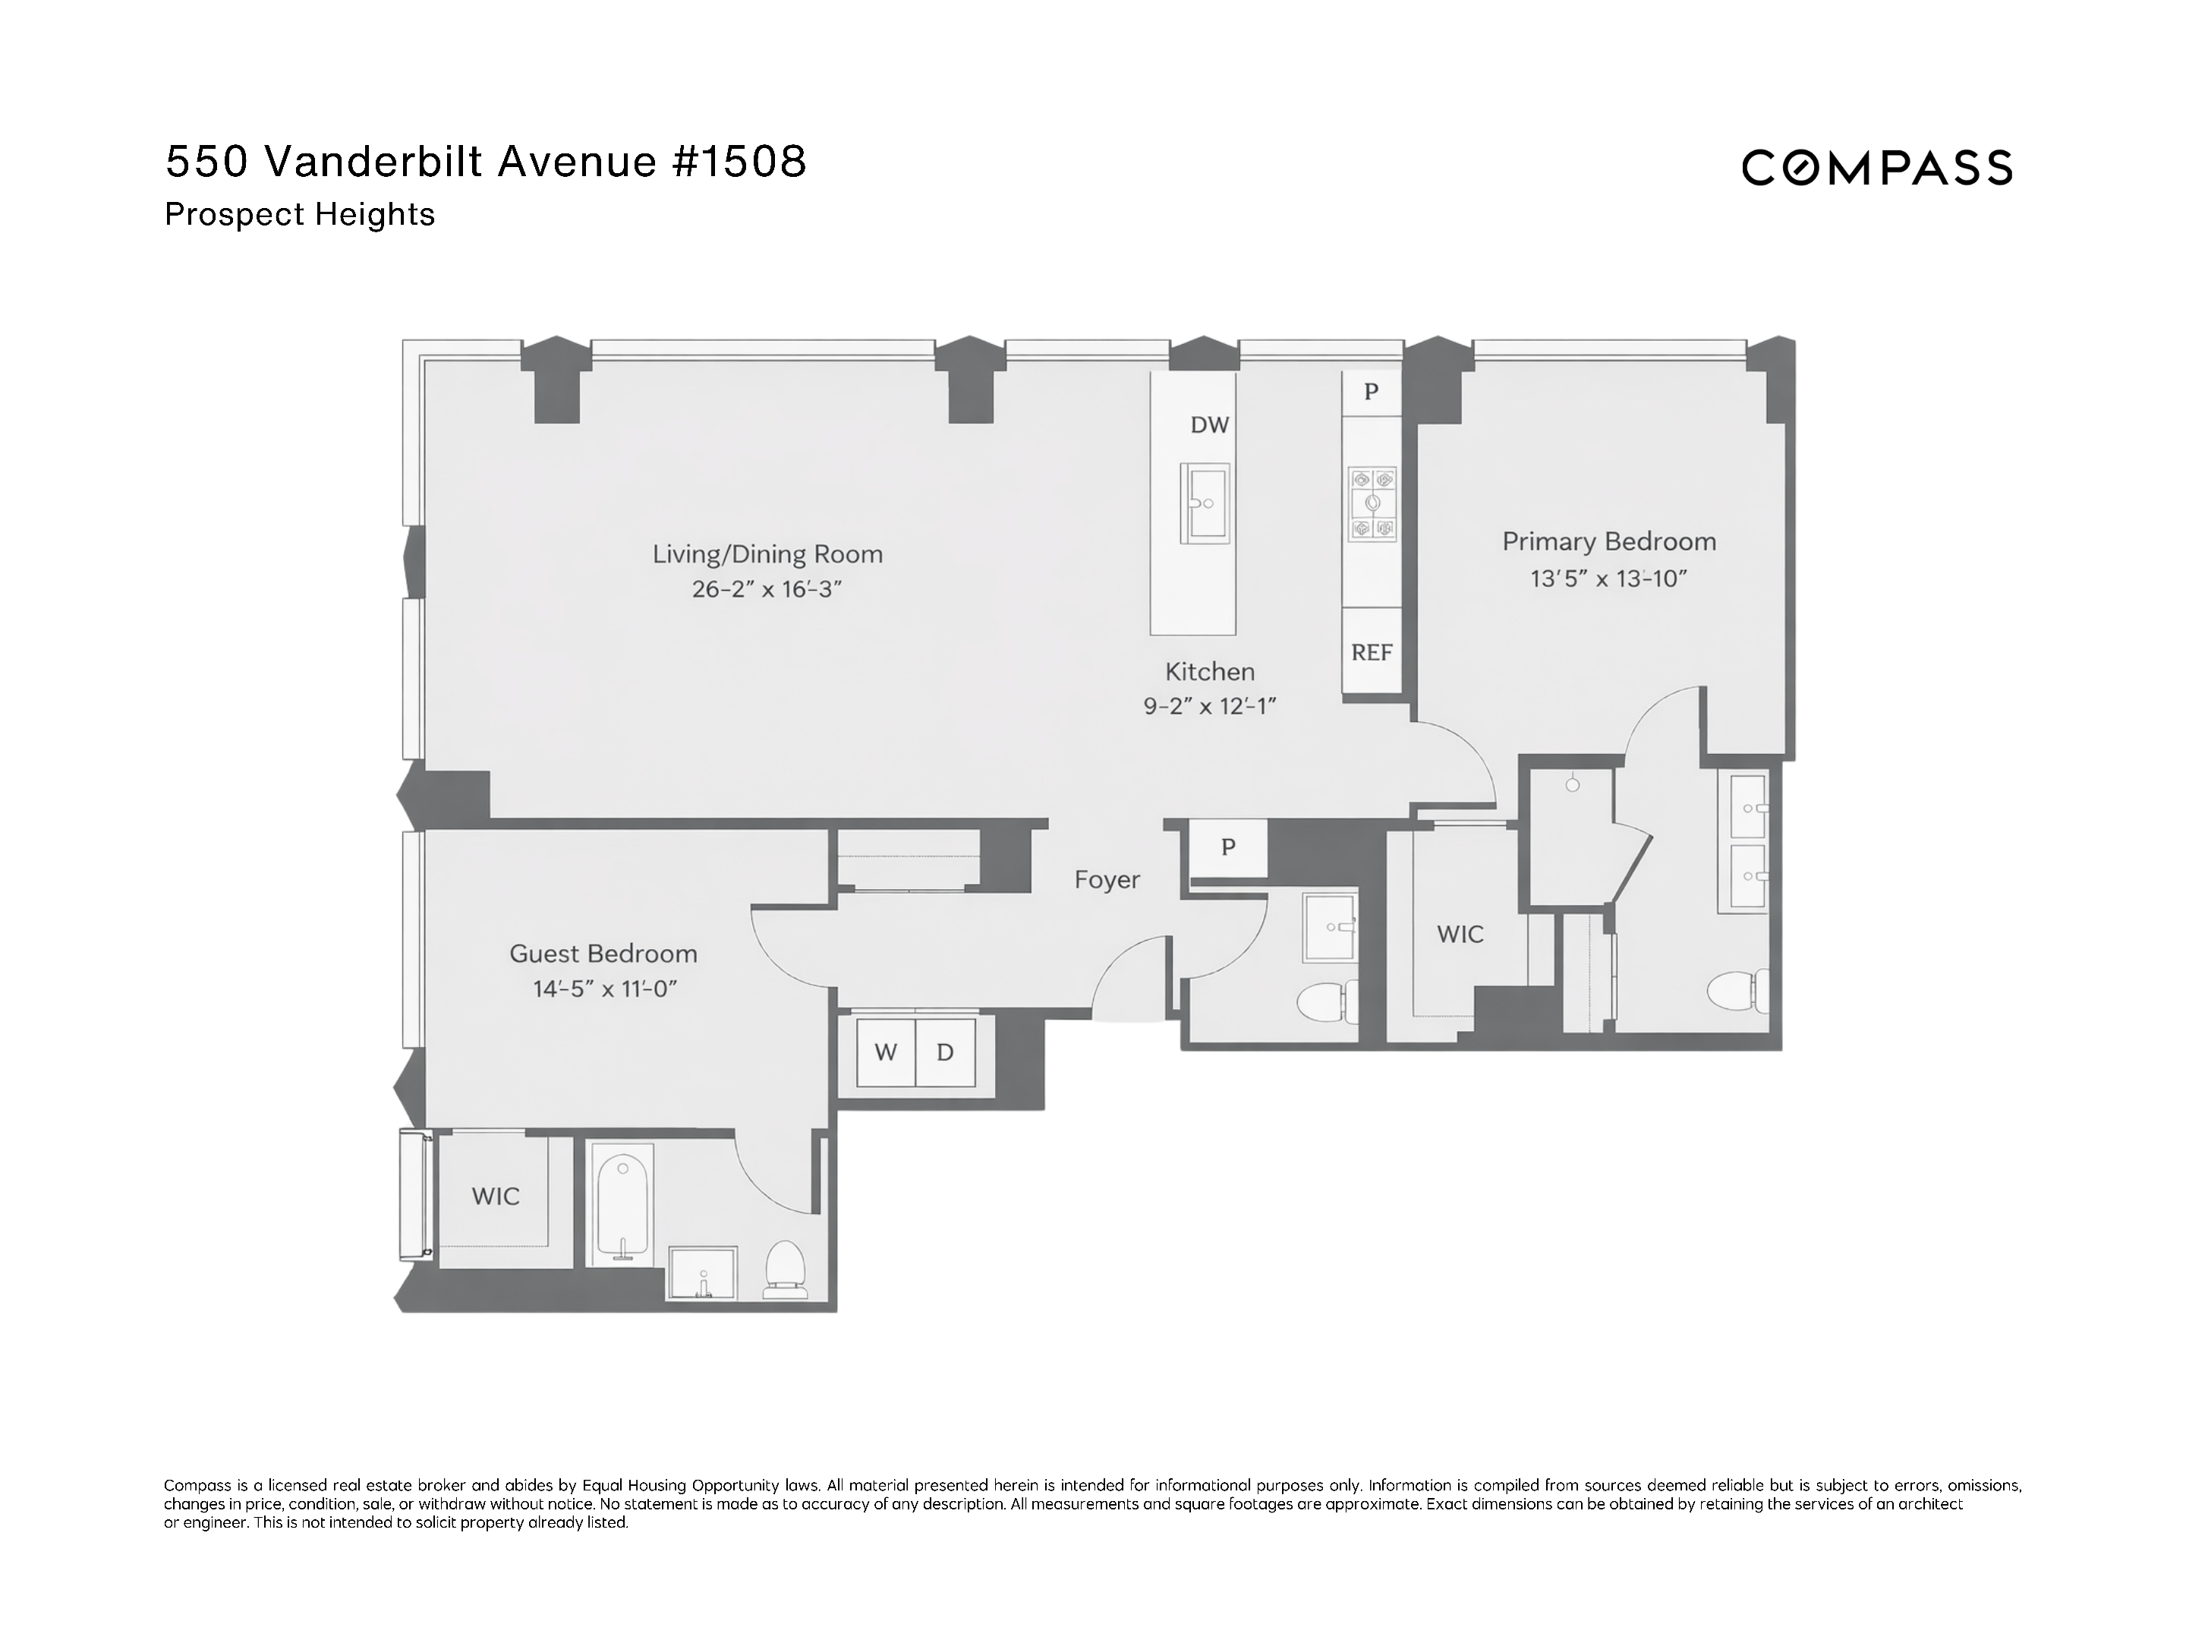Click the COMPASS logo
[x=1876, y=168]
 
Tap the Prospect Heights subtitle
[x=300, y=215]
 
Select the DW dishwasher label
[x=1208, y=425]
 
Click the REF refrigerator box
[x=1371, y=652]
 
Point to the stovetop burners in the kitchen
[x=1372, y=504]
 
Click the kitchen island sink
[x=1205, y=503]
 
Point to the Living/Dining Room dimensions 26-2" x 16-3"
[x=766, y=590]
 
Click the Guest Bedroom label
[x=603, y=954]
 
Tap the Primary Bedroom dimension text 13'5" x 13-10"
[x=1608, y=579]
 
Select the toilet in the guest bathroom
[x=786, y=1270]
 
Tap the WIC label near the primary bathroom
[x=1460, y=934]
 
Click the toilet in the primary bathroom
[x=1737, y=992]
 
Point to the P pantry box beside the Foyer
[x=1227, y=847]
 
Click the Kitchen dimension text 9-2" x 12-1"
[x=1210, y=707]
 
